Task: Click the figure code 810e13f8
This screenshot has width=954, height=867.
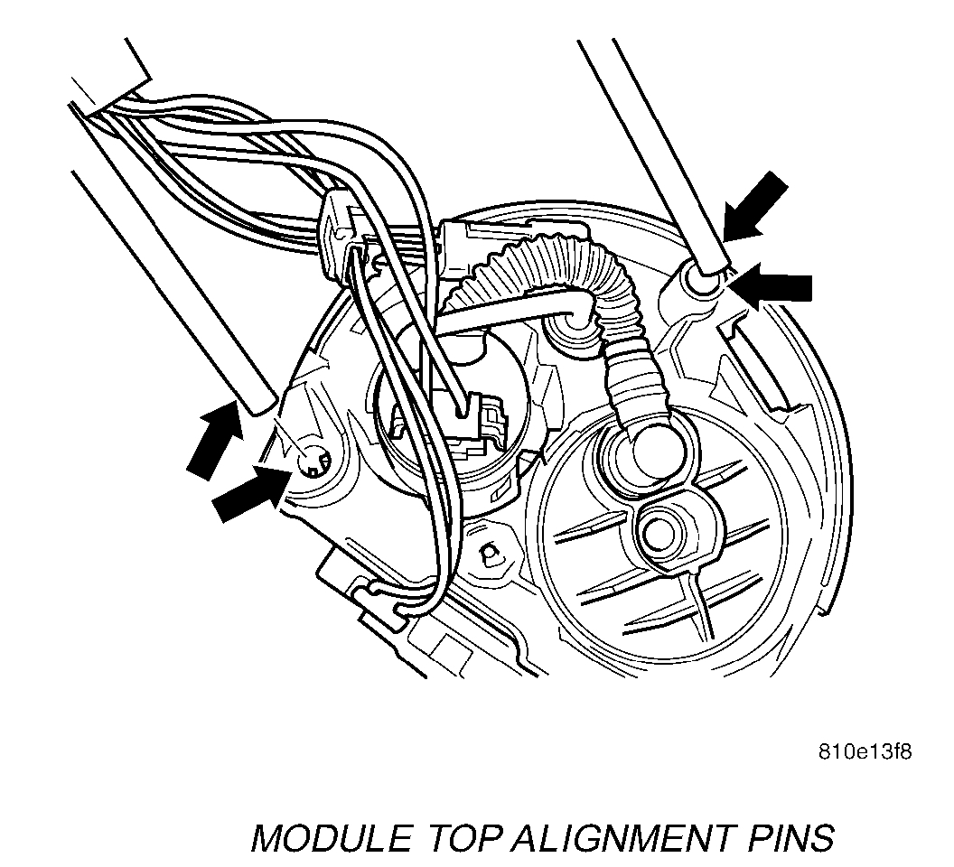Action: click(864, 751)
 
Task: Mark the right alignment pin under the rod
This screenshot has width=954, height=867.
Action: click(702, 279)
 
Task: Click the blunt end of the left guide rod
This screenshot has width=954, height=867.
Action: click(257, 398)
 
